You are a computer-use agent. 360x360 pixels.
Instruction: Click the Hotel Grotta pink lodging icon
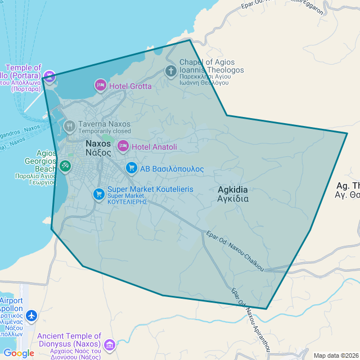[x=100, y=85]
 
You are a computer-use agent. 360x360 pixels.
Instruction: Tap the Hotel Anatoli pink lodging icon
[x=123, y=147]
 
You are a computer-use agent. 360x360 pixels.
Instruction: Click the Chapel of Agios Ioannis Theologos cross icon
[x=170, y=71]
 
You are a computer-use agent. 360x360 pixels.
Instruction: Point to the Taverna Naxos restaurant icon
[x=70, y=127]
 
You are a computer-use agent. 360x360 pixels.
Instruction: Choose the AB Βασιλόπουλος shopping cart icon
[x=132, y=168]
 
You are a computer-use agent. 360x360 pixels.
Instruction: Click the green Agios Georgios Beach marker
[x=65, y=166]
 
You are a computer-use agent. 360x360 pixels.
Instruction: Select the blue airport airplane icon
[x=30, y=316]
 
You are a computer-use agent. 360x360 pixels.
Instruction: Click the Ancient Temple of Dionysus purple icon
[x=109, y=344]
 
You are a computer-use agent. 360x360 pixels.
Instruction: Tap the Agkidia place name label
[x=233, y=194]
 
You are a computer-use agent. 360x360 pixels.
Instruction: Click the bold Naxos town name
[x=98, y=147]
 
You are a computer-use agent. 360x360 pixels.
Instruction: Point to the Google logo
[x=19, y=353]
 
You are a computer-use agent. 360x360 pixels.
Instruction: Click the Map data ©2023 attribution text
[x=335, y=355]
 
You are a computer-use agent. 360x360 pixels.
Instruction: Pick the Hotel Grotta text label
[x=130, y=86]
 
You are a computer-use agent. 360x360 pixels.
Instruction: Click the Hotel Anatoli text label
[x=154, y=147]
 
